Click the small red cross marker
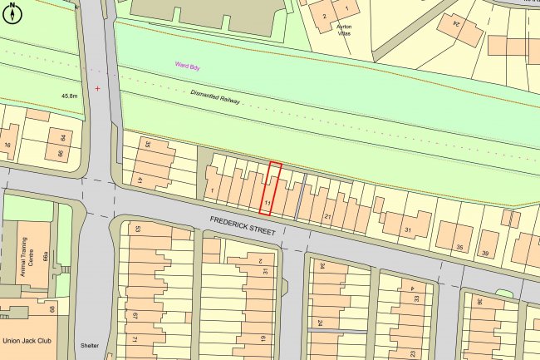point(98,88)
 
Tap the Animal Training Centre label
point(22,255)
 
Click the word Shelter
point(89,347)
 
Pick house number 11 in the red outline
point(268,202)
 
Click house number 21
point(328,216)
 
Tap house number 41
point(140,180)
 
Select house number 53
point(138,229)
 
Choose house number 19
point(263,338)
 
